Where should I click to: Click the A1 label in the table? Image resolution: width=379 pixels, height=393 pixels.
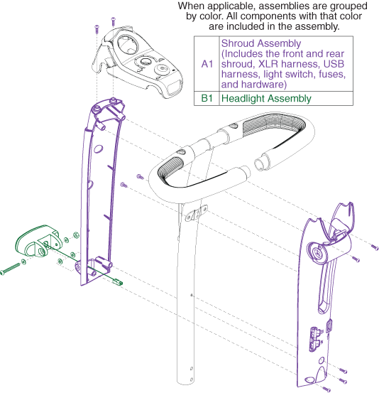click(207, 64)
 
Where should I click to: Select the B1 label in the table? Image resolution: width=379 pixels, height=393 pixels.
click(207, 98)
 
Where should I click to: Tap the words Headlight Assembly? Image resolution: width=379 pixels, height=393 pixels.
click(266, 98)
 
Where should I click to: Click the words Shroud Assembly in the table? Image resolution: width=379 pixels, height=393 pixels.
click(261, 43)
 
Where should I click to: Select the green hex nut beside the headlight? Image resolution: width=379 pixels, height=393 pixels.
click(75, 235)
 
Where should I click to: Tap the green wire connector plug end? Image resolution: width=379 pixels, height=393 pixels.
click(117, 282)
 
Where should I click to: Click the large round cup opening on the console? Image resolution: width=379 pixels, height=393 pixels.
click(128, 44)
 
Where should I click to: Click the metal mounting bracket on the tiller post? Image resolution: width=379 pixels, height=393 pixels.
click(197, 213)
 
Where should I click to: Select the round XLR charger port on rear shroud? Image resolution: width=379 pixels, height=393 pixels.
click(317, 253)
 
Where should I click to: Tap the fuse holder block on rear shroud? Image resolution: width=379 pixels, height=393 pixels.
click(315, 338)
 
